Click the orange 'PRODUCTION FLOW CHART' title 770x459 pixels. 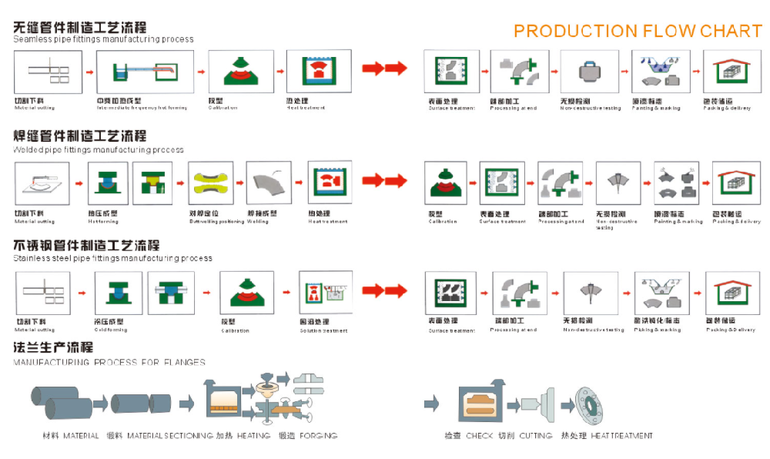638,31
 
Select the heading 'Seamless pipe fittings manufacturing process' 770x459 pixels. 103,39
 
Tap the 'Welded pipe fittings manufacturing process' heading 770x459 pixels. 99,150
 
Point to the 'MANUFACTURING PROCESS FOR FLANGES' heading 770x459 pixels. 109,362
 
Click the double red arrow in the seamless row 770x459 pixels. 384,69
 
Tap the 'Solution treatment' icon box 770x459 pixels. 326,293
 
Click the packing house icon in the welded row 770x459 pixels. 735,183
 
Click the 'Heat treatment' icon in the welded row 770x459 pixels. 330,183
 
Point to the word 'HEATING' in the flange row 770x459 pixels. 253,436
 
